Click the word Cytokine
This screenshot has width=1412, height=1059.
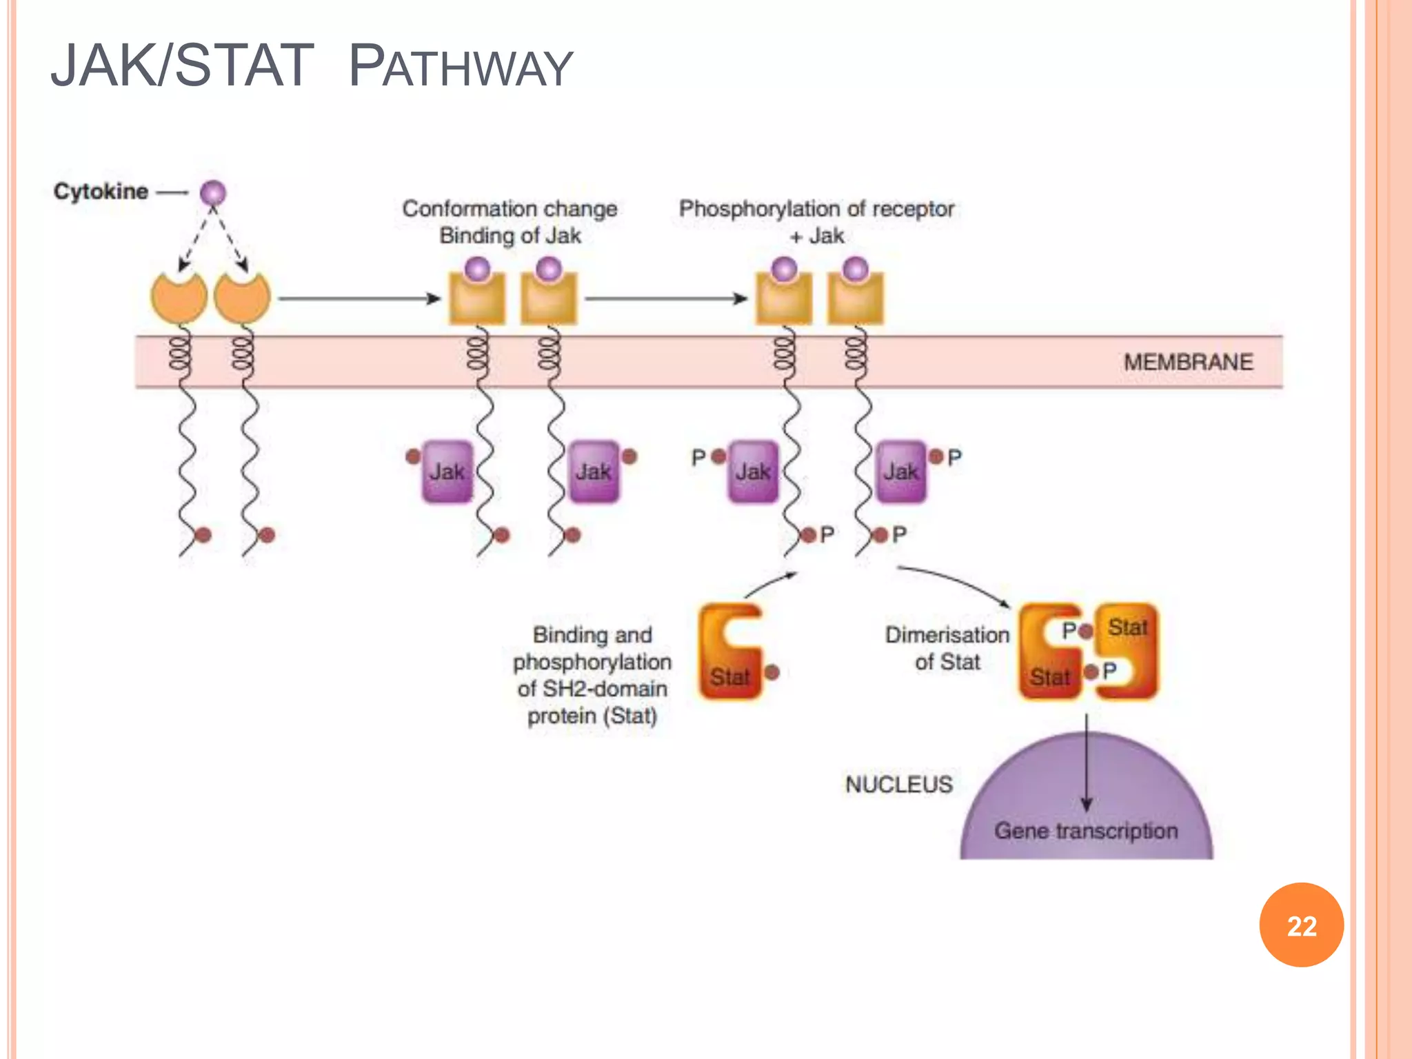pyautogui.click(x=101, y=191)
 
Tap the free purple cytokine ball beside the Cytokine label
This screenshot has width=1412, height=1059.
pyautogui.click(x=213, y=192)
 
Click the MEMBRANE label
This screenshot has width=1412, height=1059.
pyautogui.click(x=1188, y=362)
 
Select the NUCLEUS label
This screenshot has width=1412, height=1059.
pyautogui.click(x=898, y=785)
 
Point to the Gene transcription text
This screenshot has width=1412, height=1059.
pyautogui.click(x=1086, y=831)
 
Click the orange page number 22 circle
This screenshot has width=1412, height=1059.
pyautogui.click(x=1301, y=925)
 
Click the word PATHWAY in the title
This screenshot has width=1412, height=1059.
pyautogui.click(x=461, y=67)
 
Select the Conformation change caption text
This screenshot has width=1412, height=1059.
pyautogui.click(x=510, y=209)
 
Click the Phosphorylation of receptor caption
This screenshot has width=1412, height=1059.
pyautogui.click(x=816, y=209)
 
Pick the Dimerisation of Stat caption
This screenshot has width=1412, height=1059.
pyautogui.click(x=947, y=647)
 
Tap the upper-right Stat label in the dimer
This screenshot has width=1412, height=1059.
pyautogui.click(x=1127, y=627)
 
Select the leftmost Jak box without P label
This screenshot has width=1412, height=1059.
pyautogui.click(x=447, y=472)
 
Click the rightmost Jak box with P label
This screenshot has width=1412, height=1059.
pyautogui.click(x=900, y=472)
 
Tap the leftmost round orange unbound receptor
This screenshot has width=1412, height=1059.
pyautogui.click(x=179, y=298)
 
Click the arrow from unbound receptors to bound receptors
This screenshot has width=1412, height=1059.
pyautogui.click(x=359, y=299)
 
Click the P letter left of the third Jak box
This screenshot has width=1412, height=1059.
pyautogui.click(x=698, y=457)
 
